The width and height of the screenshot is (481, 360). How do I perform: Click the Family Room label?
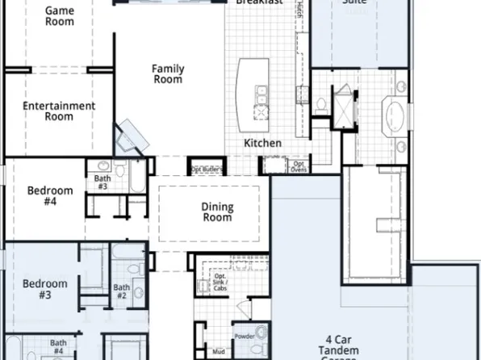(167, 74)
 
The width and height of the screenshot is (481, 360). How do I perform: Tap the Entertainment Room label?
(59, 111)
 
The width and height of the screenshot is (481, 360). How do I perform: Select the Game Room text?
(59, 15)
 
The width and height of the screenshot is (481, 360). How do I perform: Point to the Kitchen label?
(263, 143)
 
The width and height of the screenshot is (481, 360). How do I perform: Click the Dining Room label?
(217, 212)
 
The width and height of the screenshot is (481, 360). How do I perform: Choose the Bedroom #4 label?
(50, 196)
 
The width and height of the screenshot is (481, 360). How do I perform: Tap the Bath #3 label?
(102, 182)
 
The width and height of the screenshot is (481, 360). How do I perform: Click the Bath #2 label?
(121, 291)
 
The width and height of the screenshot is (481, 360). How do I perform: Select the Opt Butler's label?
(207, 170)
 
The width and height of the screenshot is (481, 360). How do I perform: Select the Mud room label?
(219, 352)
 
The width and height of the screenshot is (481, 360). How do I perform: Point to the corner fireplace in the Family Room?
(129, 139)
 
